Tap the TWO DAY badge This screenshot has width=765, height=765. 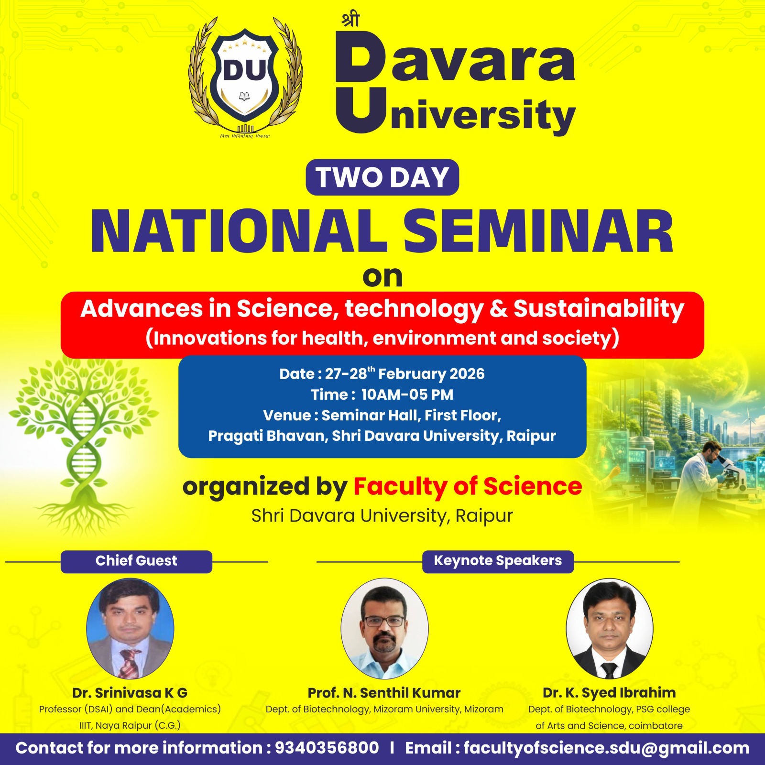click(x=382, y=177)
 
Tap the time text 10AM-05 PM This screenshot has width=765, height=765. click(x=407, y=395)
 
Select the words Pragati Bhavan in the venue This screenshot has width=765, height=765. click(x=267, y=436)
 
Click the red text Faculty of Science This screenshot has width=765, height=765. click(x=468, y=487)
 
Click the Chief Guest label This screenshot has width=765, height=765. click(x=136, y=561)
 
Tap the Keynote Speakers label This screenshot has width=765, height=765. click(x=498, y=561)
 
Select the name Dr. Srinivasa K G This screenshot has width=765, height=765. click(x=130, y=693)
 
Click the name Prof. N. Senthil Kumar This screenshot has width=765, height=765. click(x=384, y=693)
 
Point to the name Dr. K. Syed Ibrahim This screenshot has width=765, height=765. click(x=609, y=693)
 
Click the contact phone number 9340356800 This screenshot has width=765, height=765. click(x=327, y=748)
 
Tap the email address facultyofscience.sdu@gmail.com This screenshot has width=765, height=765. click(x=606, y=748)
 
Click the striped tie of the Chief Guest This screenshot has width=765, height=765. click(x=129, y=663)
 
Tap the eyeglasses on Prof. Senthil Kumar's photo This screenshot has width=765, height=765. click(x=384, y=622)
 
